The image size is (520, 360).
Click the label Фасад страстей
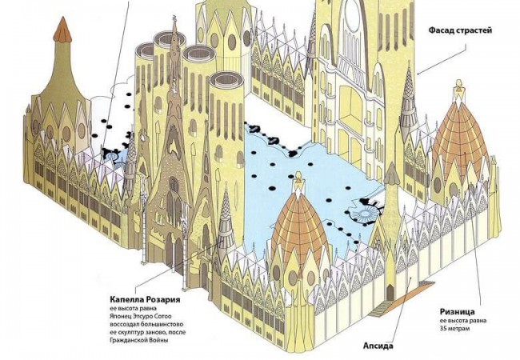click(x=460, y=30)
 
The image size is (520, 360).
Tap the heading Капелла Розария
click(x=146, y=300)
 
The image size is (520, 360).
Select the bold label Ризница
click(x=458, y=312)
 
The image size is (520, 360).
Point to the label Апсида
click(x=378, y=346)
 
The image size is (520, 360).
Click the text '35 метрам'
click(x=454, y=329)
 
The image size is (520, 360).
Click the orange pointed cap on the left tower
click(x=62, y=30)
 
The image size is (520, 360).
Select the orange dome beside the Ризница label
click(x=459, y=139)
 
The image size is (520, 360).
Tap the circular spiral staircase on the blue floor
click(x=364, y=214)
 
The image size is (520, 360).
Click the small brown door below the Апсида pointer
click(x=390, y=291)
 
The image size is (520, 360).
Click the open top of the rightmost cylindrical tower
click(x=227, y=80)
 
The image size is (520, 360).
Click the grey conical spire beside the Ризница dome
click(x=410, y=99)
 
